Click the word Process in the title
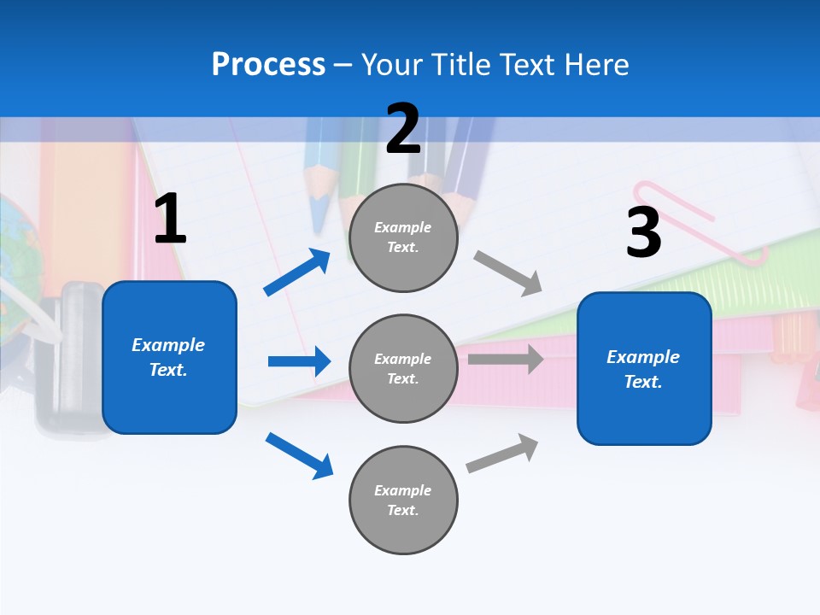(x=268, y=64)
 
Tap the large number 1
(x=170, y=219)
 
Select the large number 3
(x=643, y=231)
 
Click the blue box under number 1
(x=169, y=357)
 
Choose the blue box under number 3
(x=644, y=368)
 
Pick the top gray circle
(x=403, y=237)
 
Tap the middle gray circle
(x=403, y=368)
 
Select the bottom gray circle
(x=403, y=500)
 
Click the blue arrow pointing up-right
(x=297, y=272)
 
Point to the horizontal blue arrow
(x=299, y=361)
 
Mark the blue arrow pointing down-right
(x=299, y=455)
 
